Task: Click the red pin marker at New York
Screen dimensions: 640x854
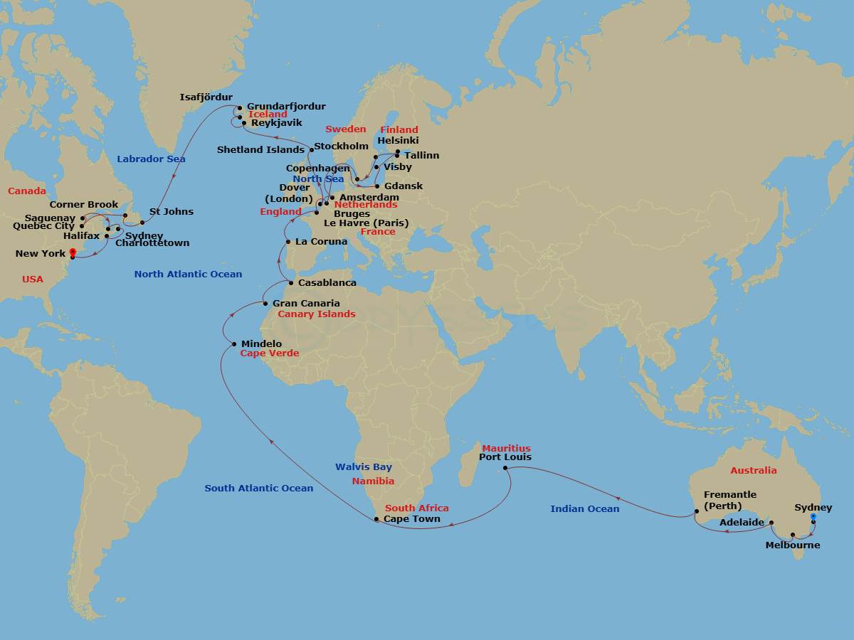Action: pos(73,253)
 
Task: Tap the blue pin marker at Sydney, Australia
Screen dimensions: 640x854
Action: pos(813,518)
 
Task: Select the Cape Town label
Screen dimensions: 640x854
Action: pos(411,519)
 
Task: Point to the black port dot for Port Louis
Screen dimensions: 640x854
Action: pos(505,469)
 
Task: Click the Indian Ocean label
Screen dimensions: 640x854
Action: pos(584,508)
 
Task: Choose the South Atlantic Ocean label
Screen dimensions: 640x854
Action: pos(258,488)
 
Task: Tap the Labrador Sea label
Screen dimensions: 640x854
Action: pos(151,159)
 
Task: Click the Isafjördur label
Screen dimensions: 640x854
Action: pos(206,97)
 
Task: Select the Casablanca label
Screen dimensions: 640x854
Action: pos(327,282)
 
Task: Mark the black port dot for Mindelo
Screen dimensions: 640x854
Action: pos(234,345)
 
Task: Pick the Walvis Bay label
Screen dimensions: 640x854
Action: pos(364,467)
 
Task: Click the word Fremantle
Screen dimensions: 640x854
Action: pos(729,495)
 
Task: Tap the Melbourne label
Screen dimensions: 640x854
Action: pos(792,545)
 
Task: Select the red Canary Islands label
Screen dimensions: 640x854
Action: pos(316,314)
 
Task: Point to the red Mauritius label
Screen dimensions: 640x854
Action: pos(506,449)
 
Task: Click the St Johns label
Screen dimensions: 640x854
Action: pos(171,212)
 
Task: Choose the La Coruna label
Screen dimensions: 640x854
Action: pos(321,242)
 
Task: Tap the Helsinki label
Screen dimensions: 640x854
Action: pos(398,141)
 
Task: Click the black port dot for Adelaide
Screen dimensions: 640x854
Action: pos(771,523)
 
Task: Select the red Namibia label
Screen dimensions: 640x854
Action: pos(373,481)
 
